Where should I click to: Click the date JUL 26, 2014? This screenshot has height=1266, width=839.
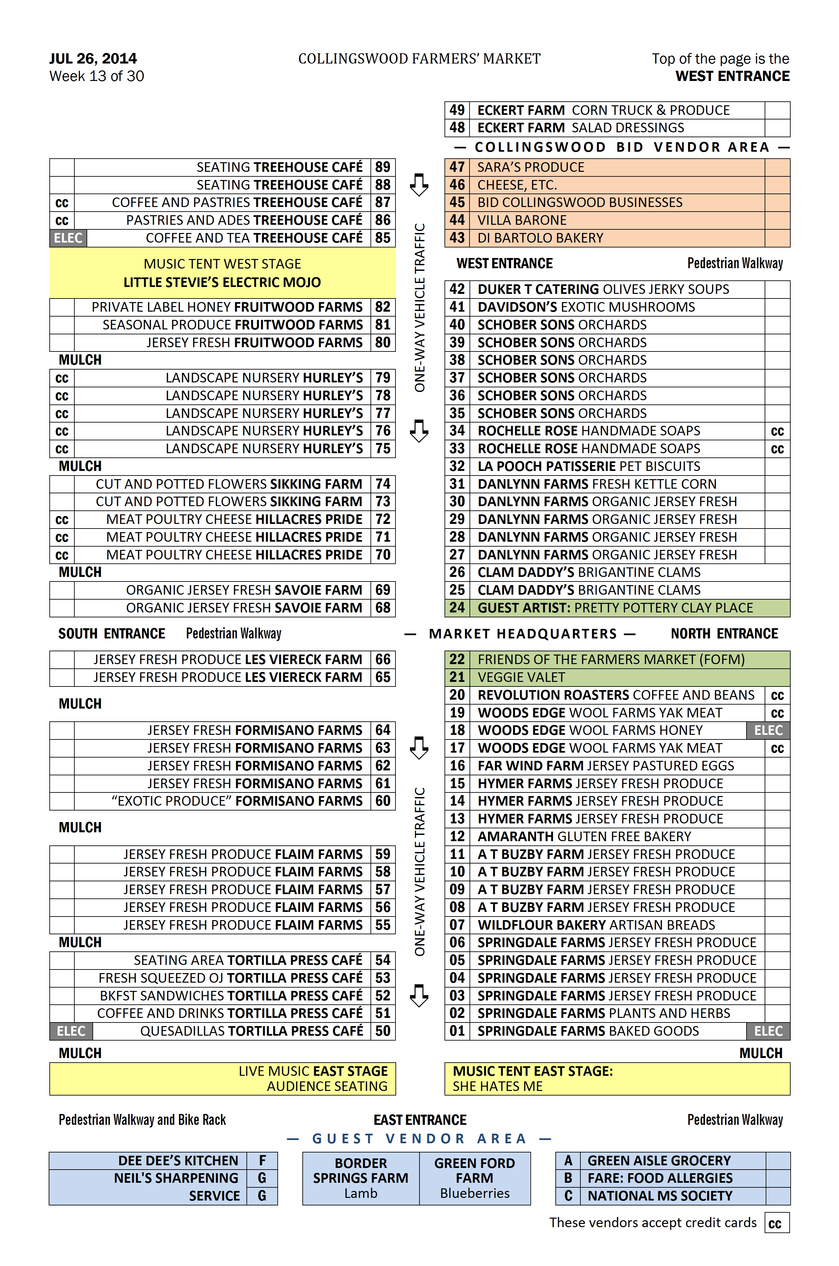pyautogui.click(x=93, y=58)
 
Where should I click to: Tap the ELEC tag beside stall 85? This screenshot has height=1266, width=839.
pyautogui.click(x=68, y=238)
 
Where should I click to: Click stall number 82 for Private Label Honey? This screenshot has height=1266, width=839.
pyautogui.click(x=383, y=307)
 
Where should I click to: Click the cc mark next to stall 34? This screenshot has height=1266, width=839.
pyautogui.click(x=777, y=431)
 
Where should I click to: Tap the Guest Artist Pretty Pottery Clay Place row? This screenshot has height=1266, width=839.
pyautogui.click(x=615, y=608)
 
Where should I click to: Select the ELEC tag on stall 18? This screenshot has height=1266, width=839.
pyautogui.click(x=768, y=730)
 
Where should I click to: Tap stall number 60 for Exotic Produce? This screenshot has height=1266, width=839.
pyautogui.click(x=383, y=801)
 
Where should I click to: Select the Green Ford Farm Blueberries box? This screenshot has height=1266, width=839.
pyautogui.click(x=475, y=1178)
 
